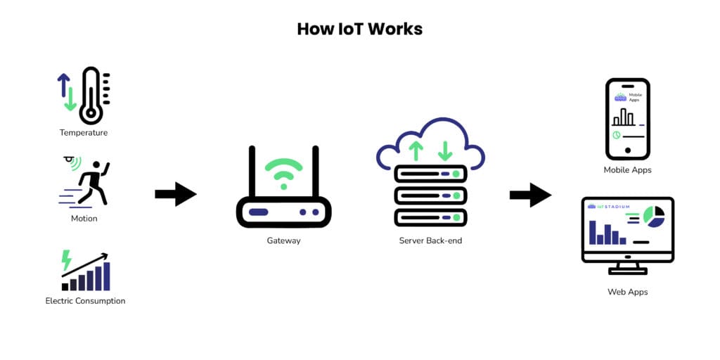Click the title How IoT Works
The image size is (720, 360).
359,29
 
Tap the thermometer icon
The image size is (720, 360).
91,96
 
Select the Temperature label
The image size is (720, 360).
84,132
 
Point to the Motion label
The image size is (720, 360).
84,218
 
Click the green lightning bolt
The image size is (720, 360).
67,260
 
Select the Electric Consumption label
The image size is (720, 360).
85,301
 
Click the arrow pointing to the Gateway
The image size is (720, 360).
175,194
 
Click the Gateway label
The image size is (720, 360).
283,240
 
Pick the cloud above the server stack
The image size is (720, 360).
430,144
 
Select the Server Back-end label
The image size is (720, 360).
430,240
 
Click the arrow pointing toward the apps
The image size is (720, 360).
529,195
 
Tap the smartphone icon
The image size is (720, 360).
628,119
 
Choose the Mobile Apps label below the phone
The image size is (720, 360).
628,170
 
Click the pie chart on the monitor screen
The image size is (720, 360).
654,217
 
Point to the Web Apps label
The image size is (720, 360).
628,291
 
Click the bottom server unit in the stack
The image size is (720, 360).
430,216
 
